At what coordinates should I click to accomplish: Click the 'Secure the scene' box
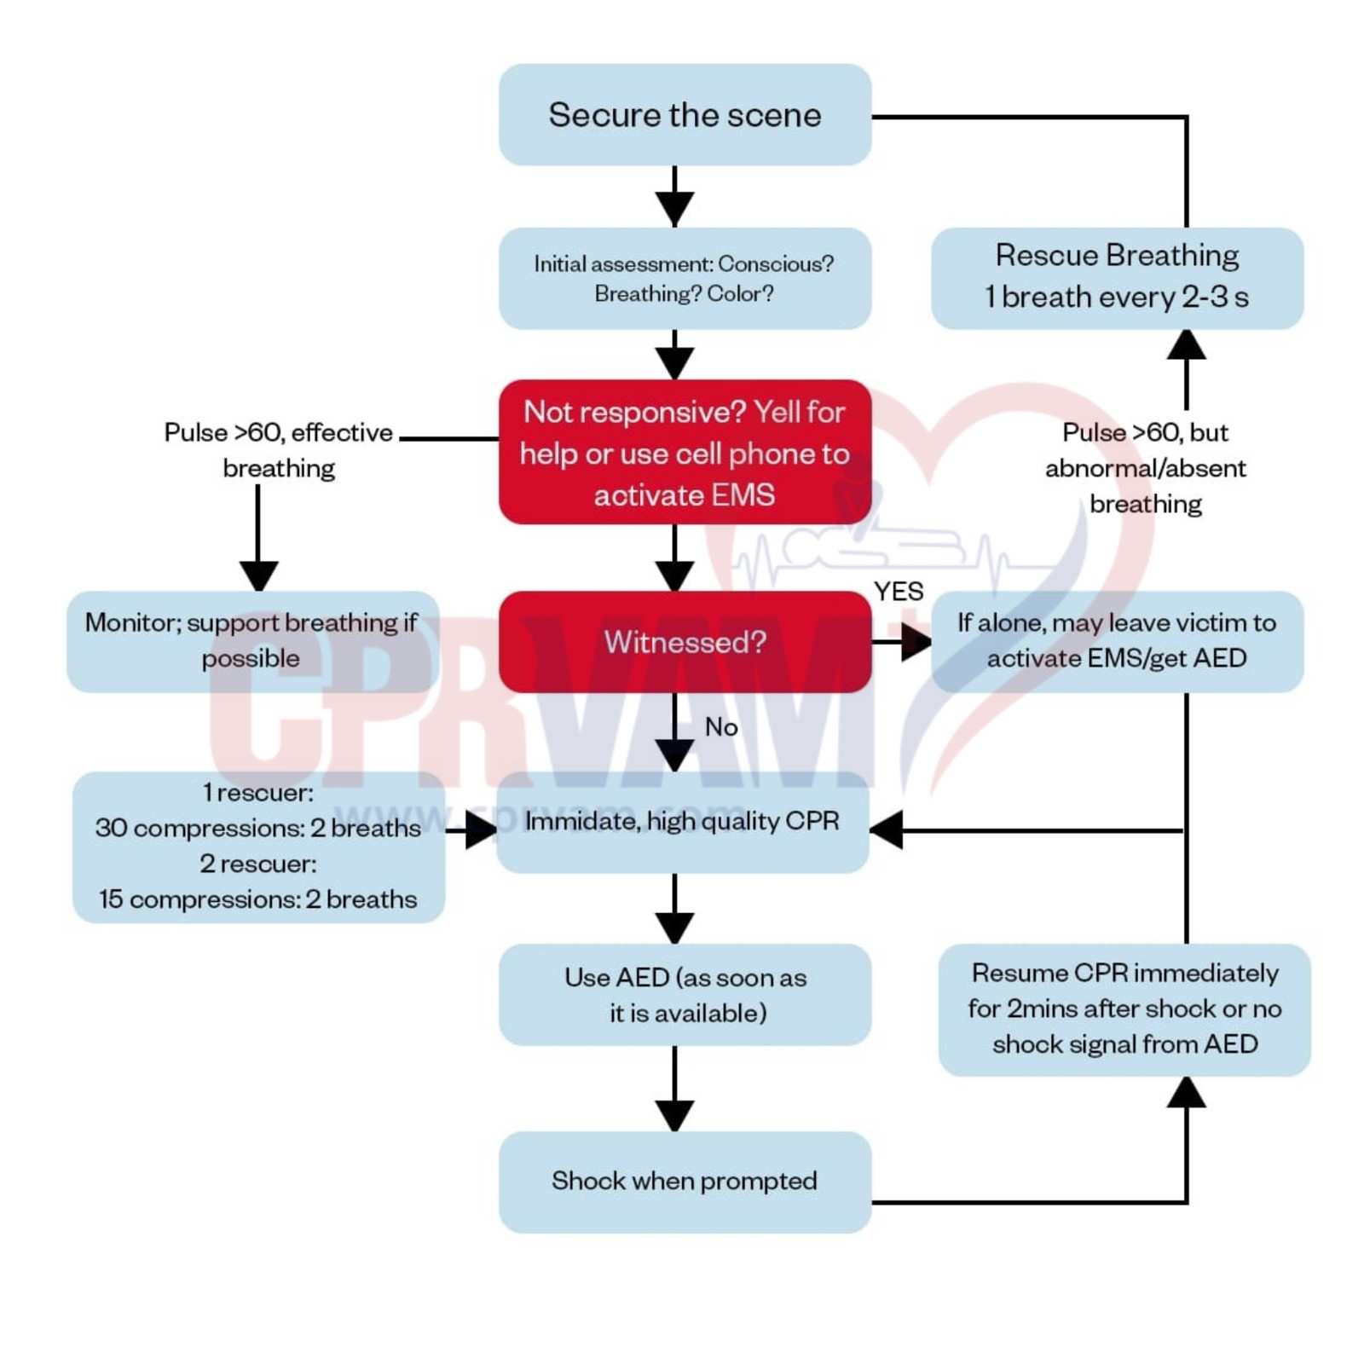pyautogui.click(x=684, y=114)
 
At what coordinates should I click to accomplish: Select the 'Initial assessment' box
pyautogui.click(x=684, y=278)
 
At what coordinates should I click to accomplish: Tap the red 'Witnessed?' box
pyautogui.click(x=684, y=641)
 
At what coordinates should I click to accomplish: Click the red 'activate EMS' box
pyautogui.click(x=684, y=452)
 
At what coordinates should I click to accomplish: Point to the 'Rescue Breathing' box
pyautogui.click(x=1116, y=277)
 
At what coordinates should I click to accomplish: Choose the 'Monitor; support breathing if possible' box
pyautogui.click(x=252, y=641)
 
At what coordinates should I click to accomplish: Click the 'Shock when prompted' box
pyautogui.click(x=684, y=1181)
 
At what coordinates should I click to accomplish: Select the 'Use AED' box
pyautogui.click(x=684, y=994)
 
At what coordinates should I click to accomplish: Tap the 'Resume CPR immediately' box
pyautogui.click(x=1124, y=1009)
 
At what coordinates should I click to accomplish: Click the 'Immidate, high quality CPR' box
pyautogui.click(x=682, y=822)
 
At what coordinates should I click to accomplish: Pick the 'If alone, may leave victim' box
pyautogui.click(x=1116, y=641)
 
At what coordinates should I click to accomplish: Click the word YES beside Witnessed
pyautogui.click(x=898, y=592)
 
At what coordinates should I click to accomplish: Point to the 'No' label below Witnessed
pyautogui.click(x=721, y=727)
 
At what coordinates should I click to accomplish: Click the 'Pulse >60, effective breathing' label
pyautogui.click(x=278, y=449)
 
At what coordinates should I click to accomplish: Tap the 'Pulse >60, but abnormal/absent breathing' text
pyautogui.click(x=1145, y=467)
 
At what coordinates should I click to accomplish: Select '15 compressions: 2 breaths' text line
pyautogui.click(x=257, y=899)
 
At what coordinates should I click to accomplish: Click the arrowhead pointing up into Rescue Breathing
pyautogui.click(x=1186, y=345)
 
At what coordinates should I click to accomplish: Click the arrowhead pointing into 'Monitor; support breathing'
pyautogui.click(x=258, y=575)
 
